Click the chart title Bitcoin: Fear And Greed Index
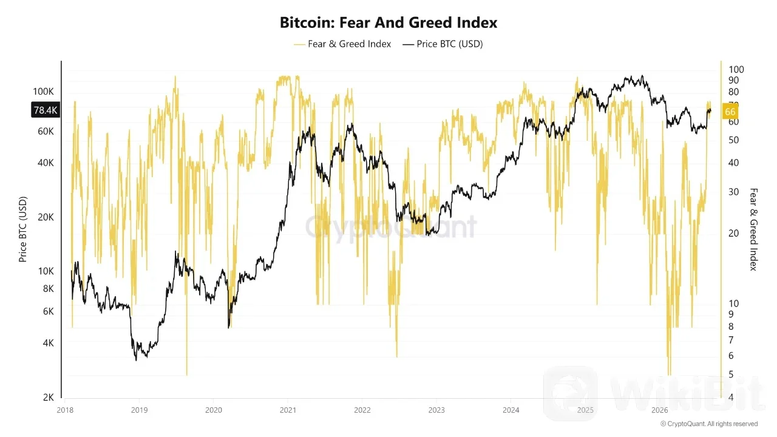(x=388, y=22)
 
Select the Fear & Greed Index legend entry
(x=342, y=44)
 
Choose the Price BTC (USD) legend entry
(x=443, y=44)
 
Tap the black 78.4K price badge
(x=46, y=110)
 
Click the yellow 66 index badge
(x=730, y=112)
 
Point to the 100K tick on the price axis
(x=43, y=92)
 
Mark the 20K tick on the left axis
(x=46, y=217)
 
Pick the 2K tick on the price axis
(x=48, y=398)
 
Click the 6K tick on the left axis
(x=48, y=311)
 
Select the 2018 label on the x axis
(x=65, y=410)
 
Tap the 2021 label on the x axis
(x=288, y=410)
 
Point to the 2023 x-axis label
(x=436, y=410)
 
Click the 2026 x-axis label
(x=659, y=410)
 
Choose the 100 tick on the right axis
(x=736, y=69)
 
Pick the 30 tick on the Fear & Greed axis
(x=733, y=192)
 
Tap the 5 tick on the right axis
(x=731, y=374)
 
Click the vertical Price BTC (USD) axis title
(x=22, y=229)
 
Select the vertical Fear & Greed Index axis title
(x=753, y=229)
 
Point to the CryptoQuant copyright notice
(x=708, y=424)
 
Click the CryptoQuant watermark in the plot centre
(x=391, y=227)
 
